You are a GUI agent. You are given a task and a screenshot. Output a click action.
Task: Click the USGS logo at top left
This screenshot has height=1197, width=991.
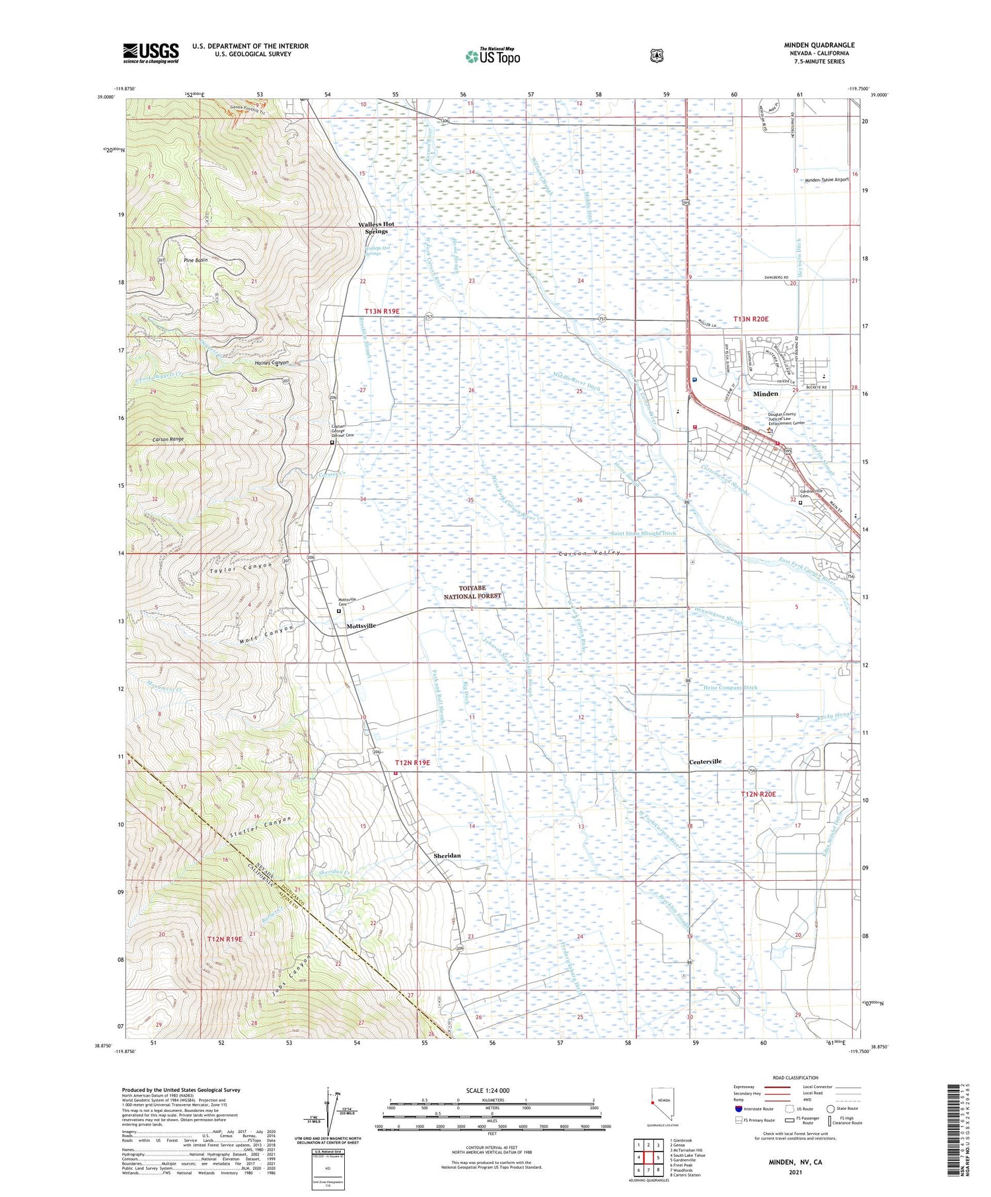pyautogui.click(x=151, y=53)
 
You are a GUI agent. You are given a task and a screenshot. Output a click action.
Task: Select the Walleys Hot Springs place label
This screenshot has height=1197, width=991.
pyautogui.click(x=376, y=228)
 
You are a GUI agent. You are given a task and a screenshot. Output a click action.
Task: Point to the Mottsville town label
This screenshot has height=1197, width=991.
pyautogui.click(x=361, y=625)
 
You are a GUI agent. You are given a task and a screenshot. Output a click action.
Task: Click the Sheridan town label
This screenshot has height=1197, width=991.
pyautogui.click(x=447, y=856)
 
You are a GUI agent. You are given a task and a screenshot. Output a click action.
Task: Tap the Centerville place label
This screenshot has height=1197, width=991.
pyautogui.click(x=705, y=761)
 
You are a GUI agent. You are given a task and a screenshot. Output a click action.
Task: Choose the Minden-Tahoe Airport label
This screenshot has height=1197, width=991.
pyautogui.click(x=826, y=180)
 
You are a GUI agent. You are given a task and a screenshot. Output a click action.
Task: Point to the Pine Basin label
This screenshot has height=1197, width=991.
pyautogui.click(x=196, y=260)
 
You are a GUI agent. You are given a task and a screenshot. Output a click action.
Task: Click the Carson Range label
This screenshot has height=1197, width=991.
pyautogui.click(x=168, y=439)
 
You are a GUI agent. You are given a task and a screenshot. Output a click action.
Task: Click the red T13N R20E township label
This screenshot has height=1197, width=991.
pyautogui.click(x=751, y=319)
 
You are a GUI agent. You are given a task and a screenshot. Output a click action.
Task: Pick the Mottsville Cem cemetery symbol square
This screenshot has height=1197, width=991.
pyautogui.click(x=339, y=611)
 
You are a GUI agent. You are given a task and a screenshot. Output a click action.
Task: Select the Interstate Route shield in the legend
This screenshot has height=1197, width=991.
pyautogui.click(x=738, y=1109)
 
